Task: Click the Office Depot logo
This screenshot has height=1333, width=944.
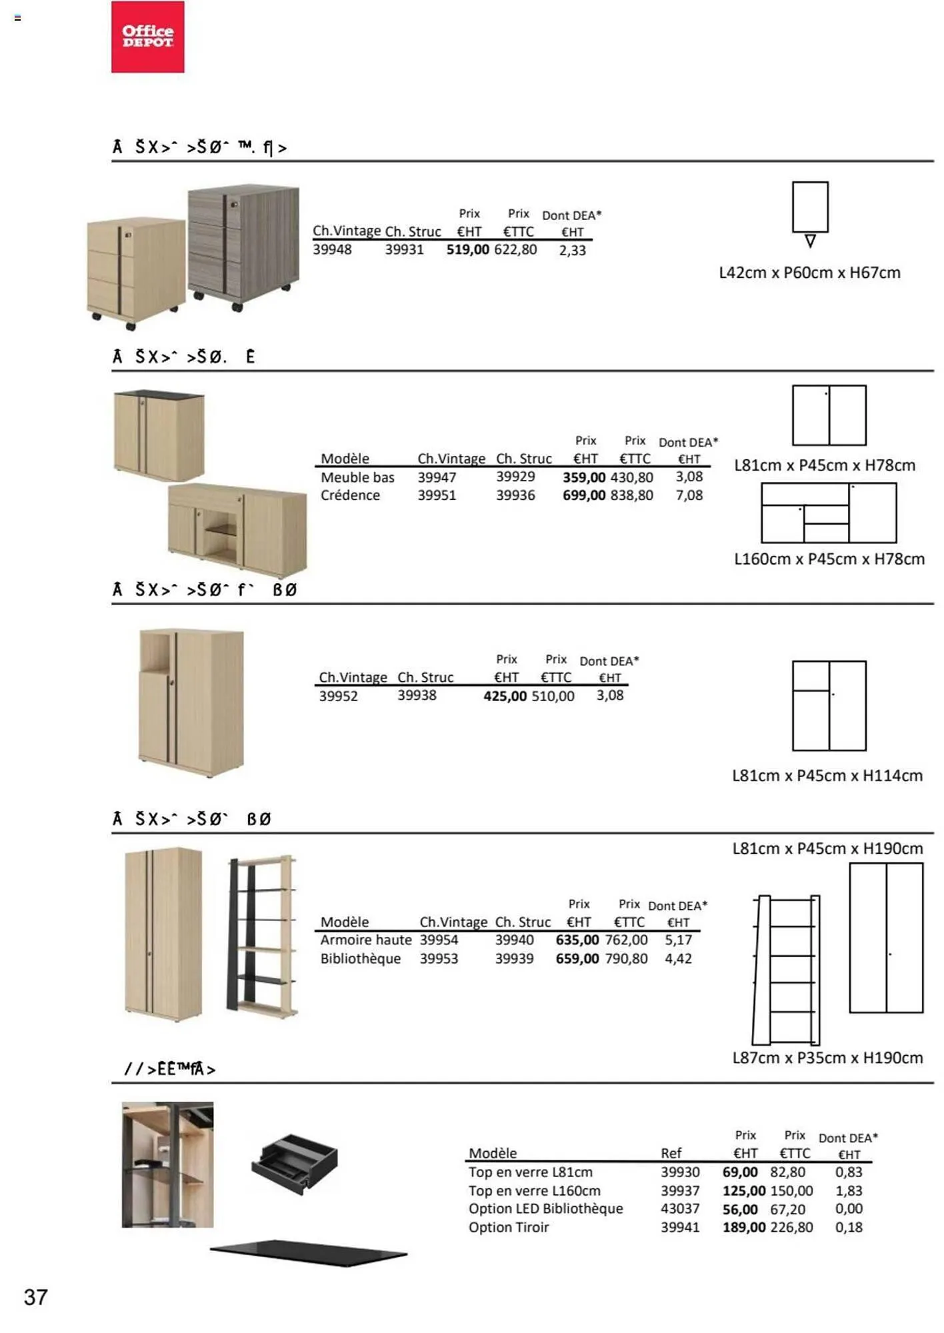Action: pyautogui.click(x=147, y=37)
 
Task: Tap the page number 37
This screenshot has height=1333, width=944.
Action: pyautogui.click(x=35, y=1297)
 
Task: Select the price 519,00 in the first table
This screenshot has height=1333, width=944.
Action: pyautogui.click(x=467, y=250)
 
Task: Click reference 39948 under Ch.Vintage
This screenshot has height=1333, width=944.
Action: pyautogui.click(x=332, y=250)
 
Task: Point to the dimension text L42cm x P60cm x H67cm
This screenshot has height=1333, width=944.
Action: pyautogui.click(x=809, y=273)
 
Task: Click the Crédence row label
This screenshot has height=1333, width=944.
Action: pyautogui.click(x=350, y=495)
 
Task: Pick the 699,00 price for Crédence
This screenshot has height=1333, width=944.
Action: pyautogui.click(x=583, y=495)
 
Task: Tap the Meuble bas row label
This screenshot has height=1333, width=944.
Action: pyautogui.click(x=357, y=477)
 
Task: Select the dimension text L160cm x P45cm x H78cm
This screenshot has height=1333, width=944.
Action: pyautogui.click(x=829, y=559)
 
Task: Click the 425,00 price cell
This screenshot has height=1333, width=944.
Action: pyautogui.click(x=505, y=696)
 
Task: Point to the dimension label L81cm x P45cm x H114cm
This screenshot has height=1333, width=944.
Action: pyautogui.click(x=827, y=776)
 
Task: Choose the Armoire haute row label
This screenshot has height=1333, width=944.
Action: pyautogui.click(x=365, y=940)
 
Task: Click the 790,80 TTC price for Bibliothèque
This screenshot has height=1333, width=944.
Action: pyautogui.click(x=626, y=958)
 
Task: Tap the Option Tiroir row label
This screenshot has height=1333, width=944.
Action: pyautogui.click(x=508, y=1227)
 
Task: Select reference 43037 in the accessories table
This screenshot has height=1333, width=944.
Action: pyautogui.click(x=680, y=1208)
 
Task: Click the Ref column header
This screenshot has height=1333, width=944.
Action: pyautogui.click(x=671, y=1153)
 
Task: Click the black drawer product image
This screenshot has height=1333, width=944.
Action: pyautogui.click(x=295, y=1164)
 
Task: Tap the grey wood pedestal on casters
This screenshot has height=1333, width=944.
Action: pyautogui.click(x=243, y=247)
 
